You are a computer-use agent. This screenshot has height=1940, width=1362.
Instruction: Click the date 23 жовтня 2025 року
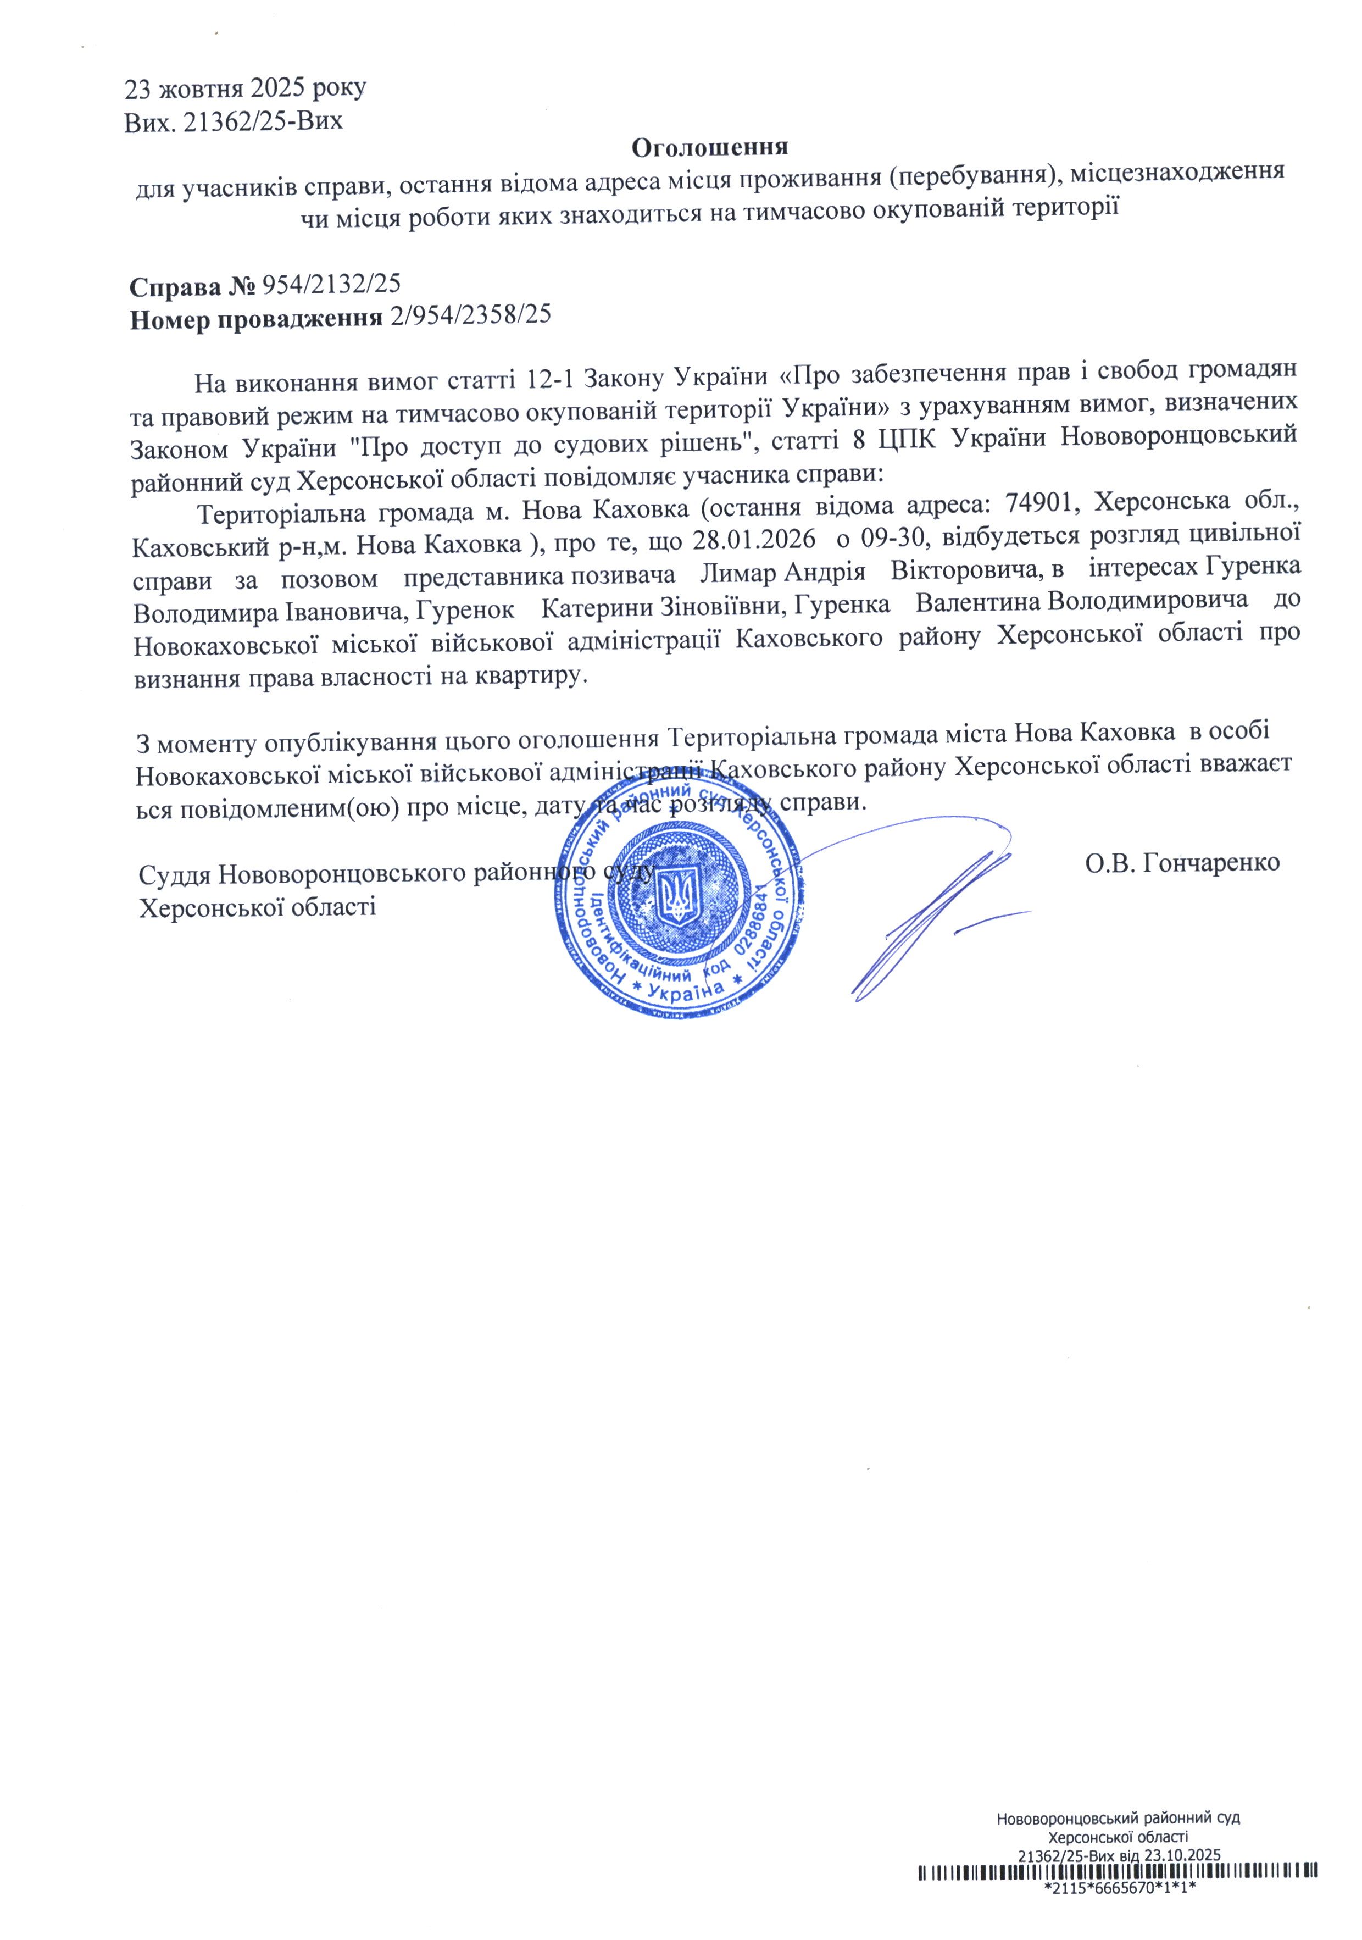point(245,88)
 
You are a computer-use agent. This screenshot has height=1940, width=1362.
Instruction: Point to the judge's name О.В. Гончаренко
point(1182,863)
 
